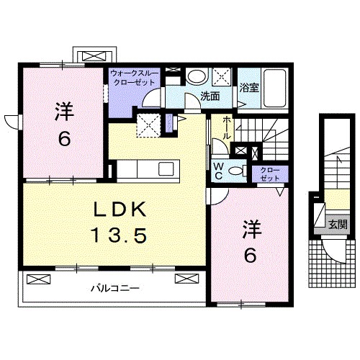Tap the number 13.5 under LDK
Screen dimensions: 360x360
pos(120,234)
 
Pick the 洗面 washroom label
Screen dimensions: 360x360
pos(210,96)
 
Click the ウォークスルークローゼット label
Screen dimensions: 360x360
pos(134,78)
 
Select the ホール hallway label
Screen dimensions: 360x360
pos(226,131)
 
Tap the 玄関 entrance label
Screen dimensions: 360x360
pos(337,224)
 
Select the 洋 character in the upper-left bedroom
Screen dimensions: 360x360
pos(63,113)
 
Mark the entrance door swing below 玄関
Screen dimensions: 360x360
pos(333,249)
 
